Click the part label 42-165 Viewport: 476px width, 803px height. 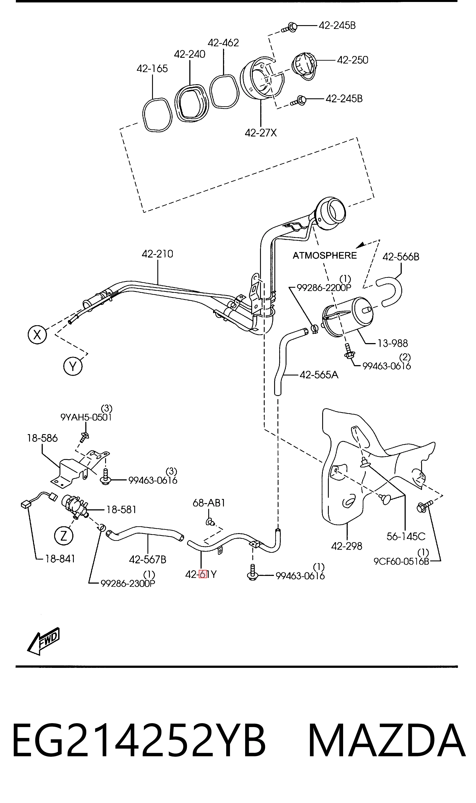pyautogui.click(x=152, y=69)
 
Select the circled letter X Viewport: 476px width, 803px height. pyautogui.click(x=37, y=335)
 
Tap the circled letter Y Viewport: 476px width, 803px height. pyautogui.click(x=73, y=366)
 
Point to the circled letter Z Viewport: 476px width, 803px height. pyautogui.click(x=63, y=535)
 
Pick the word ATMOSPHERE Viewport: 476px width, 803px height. pyautogui.click(x=325, y=255)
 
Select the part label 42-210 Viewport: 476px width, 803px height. pyautogui.click(x=158, y=254)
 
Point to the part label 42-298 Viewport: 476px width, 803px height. pyautogui.click(x=346, y=546)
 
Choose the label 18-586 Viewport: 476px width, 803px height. pyautogui.click(x=42, y=438)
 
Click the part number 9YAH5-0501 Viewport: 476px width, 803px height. pyautogui.click(x=86, y=417)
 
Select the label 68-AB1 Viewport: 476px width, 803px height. pyautogui.click(x=209, y=503)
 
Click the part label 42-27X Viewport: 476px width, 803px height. pyautogui.click(x=261, y=133)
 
